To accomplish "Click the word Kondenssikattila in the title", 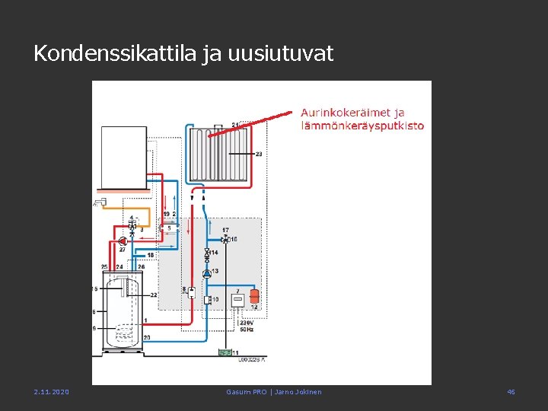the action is [115, 54].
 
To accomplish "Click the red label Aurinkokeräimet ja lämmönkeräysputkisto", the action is [362, 119].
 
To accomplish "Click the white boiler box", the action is [123, 157].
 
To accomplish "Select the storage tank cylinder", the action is [123, 312].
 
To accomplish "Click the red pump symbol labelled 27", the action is [123, 241].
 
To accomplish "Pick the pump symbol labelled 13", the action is [206, 272].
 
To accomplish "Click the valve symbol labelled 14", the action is [206, 254].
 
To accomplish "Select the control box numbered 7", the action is [237, 300].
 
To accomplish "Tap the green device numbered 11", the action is [225, 352].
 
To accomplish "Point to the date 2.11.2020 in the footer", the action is [51, 392].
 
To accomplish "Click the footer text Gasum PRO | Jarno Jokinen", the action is [274, 392].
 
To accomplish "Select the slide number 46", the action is [511, 392].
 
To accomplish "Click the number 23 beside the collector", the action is [259, 155].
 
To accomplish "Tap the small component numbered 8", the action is [191, 293].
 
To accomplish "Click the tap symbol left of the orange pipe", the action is [99, 202].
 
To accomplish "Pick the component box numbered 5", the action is [169, 228].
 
